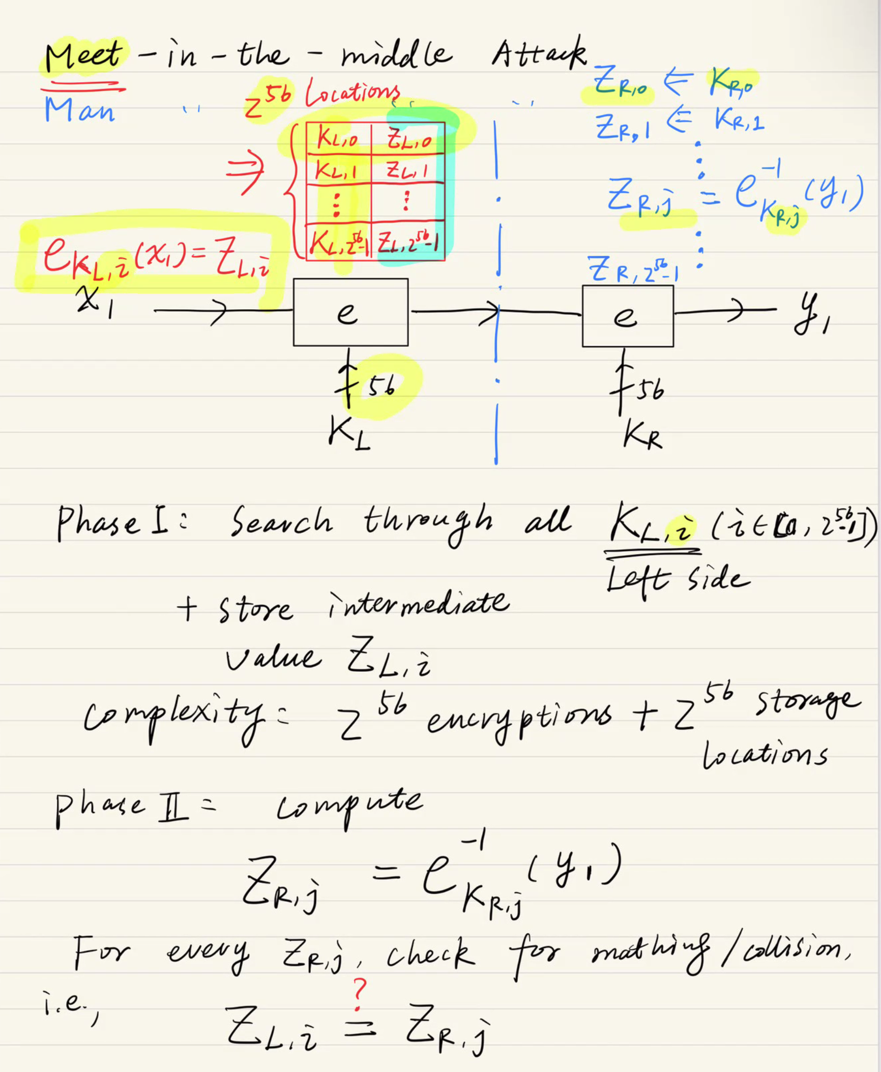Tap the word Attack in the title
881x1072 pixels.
(x=539, y=54)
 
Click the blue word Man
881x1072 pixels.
(x=79, y=109)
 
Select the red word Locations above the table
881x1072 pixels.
(x=352, y=94)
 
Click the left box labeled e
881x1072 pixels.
(x=350, y=312)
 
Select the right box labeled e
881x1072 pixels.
(x=628, y=316)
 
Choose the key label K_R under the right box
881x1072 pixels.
(x=642, y=436)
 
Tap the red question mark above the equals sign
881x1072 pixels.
(x=359, y=994)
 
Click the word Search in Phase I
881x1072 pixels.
(x=281, y=521)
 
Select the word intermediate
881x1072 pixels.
(x=418, y=604)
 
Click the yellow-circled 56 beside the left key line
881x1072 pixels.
(x=381, y=388)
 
